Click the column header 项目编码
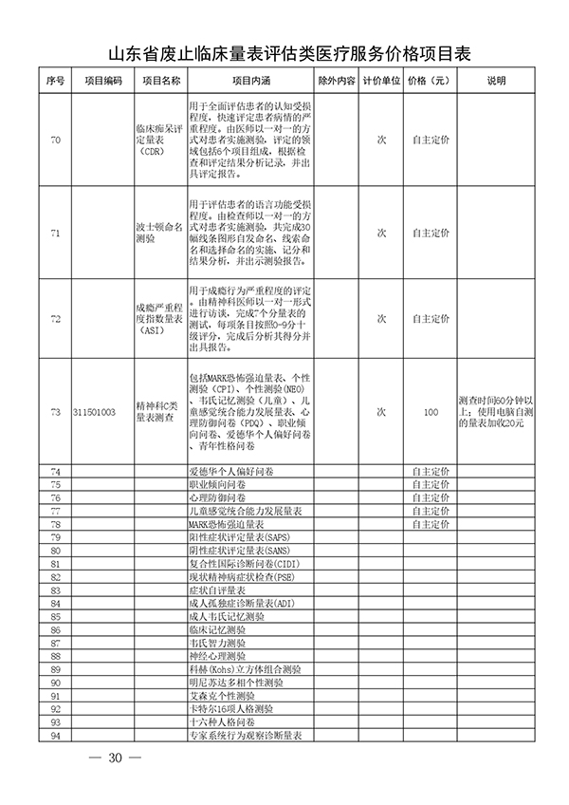click(x=102, y=81)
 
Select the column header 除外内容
click(x=336, y=81)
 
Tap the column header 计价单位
click(x=382, y=81)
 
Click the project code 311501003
click(x=95, y=413)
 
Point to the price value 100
click(x=431, y=413)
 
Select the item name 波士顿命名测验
click(x=158, y=234)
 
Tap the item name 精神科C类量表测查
click(x=158, y=413)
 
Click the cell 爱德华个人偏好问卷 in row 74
click(x=227, y=471)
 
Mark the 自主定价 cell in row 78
click(x=431, y=524)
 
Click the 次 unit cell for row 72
click(x=382, y=321)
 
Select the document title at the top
click(x=284, y=53)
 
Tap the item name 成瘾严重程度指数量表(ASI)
click(x=158, y=321)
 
